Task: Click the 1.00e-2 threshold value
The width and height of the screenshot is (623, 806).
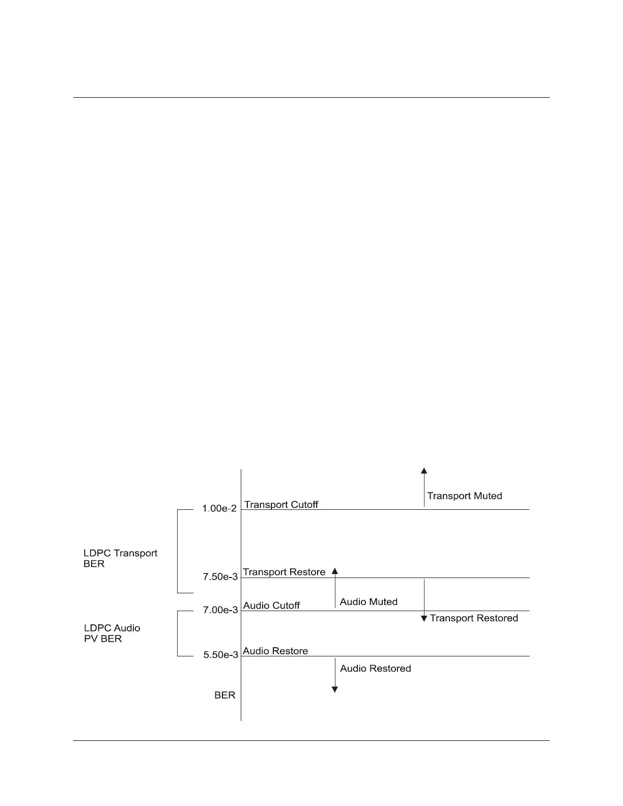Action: click(x=219, y=508)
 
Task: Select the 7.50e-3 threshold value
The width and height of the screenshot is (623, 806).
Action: click(x=220, y=577)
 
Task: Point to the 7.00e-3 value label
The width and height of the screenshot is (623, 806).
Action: click(x=220, y=610)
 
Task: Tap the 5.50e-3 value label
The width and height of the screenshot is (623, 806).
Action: click(x=221, y=655)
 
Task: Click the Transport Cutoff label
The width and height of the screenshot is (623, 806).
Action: click(x=281, y=504)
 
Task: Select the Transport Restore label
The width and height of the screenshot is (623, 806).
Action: click(x=284, y=572)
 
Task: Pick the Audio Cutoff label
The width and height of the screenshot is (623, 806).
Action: click(x=271, y=605)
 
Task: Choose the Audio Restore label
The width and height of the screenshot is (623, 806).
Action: click(x=275, y=651)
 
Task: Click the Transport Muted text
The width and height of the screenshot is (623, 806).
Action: click(x=464, y=496)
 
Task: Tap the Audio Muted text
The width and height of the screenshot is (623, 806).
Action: click(x=369, y=601)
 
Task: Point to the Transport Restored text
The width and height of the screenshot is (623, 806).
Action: click(x=474, y=618)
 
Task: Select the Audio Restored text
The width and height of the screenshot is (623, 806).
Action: click(x=375, y=668)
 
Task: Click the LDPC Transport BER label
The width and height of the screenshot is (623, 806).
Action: click(x=120, y=558)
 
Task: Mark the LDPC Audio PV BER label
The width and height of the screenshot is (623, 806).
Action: click(x=112, y=633)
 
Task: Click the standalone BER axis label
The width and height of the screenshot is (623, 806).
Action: click(x=224, y=695)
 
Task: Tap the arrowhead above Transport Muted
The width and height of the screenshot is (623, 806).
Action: click(x=424, y=471)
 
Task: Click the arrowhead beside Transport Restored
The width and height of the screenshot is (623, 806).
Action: click(x=424, y=619)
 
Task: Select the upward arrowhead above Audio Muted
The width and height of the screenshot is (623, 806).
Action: click(x=335, y=571)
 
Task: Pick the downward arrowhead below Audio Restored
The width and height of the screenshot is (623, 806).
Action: click(x=335, y=689)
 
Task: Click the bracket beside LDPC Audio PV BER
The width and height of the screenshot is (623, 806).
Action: click(x=178, y=634)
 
